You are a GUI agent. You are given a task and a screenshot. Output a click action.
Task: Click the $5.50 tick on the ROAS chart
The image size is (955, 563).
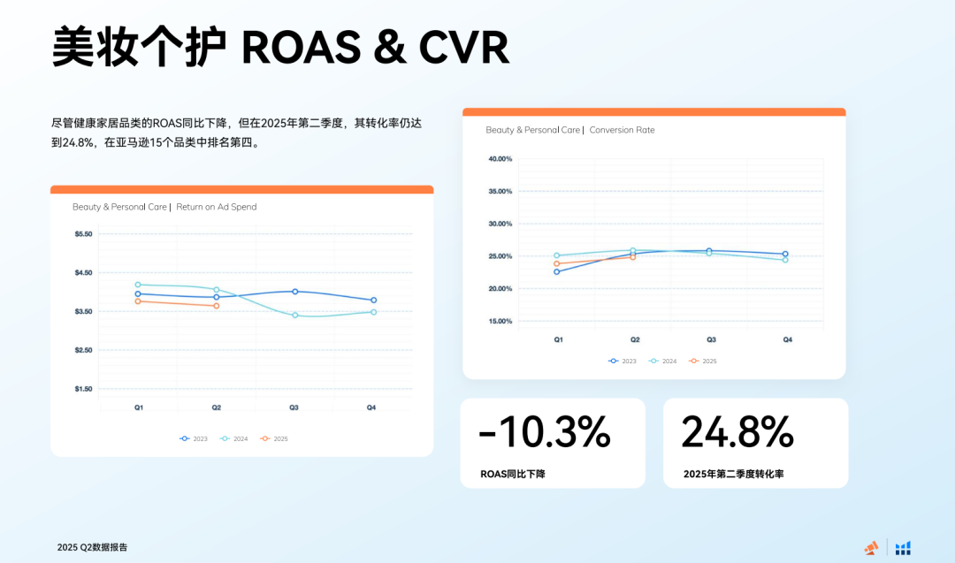[x=83, y=234]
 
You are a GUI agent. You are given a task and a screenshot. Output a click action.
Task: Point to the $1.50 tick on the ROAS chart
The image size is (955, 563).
[x=83, y=389]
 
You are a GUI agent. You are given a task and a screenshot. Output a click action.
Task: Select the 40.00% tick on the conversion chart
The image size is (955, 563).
[x=500, y=159]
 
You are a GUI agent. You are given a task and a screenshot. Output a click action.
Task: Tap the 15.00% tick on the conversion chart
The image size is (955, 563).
[x=500, y=321]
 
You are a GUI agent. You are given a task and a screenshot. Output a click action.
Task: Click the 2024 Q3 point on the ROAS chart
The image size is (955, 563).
[x=294, y=315]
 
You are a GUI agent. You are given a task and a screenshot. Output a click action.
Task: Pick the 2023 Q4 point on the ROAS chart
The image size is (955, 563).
[x=373, y=301]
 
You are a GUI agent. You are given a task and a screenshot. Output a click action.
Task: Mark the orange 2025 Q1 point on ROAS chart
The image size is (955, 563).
[x=138, y=301]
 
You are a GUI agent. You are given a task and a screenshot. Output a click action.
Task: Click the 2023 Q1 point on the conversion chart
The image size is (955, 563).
[x=557, y=271]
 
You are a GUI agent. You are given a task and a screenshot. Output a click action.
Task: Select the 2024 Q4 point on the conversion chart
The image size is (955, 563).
[x=785, y=260]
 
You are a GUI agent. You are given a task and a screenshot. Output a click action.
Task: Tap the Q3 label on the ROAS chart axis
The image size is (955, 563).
[x=294, y=407]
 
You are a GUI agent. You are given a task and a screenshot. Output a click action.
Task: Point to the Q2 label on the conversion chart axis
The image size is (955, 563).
[x=634, y=339]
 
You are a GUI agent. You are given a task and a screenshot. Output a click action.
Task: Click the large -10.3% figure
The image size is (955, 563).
[x=545, y=432]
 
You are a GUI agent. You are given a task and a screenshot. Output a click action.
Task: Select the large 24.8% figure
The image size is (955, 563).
[x=737, y=432]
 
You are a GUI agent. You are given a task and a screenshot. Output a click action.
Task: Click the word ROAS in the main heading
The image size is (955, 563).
[x=301, y=48]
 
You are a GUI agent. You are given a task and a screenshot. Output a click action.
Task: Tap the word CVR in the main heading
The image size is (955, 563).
[x=465, y=48]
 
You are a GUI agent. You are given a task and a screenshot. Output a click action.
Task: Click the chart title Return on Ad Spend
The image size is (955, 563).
[x=217, y=207]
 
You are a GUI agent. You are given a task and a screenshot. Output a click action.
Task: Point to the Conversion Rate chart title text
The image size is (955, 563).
[x=622, y=130]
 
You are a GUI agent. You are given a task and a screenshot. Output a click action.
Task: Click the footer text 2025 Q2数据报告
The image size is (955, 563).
[x=92, y=547]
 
